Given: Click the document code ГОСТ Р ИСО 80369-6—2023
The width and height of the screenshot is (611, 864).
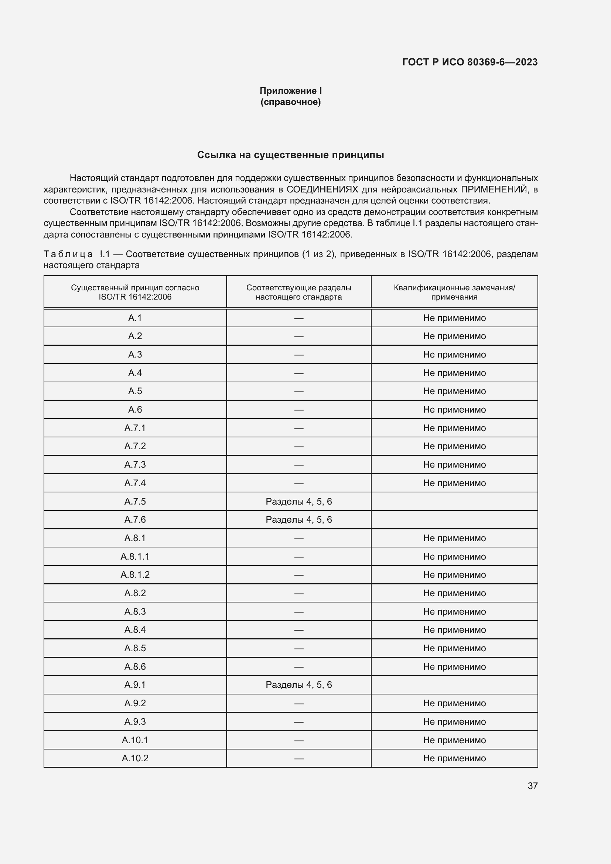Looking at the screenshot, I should (x=470, y=62).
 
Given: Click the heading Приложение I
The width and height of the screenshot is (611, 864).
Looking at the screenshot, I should (x=290, y=91).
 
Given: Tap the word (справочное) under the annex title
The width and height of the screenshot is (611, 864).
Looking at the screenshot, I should (x=290, y=102).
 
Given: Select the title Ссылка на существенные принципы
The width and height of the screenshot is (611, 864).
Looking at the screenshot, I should (x=290, y=155).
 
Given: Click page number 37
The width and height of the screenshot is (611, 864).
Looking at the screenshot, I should (x=532, y=786).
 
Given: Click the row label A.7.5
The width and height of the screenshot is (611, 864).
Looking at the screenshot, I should (x=135, y=501).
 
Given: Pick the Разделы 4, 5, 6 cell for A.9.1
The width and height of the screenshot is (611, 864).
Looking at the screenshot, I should (x=299, y=684).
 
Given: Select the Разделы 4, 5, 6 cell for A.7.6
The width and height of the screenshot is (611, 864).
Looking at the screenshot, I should (x=299, y=520).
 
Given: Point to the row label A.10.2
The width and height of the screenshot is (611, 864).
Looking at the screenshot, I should (x=135, y=758).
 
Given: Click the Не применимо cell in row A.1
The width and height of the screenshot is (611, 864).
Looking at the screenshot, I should (x=454, y=318).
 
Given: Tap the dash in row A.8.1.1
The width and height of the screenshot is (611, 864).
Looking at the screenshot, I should (x=299, y=557).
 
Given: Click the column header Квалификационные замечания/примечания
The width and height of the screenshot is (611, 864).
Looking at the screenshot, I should (x=454, y=292).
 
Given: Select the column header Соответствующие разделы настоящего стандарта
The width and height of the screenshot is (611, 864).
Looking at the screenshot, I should (x=299, y=292).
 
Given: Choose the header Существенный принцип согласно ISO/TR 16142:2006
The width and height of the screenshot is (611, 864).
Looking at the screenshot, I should (x=135, y=292).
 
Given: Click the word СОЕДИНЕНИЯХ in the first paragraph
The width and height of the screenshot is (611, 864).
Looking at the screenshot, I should (x=322, y=189).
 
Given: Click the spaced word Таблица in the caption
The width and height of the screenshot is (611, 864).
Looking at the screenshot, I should (x=68, y=254).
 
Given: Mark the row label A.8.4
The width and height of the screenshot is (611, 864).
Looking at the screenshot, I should (x=135, y=629).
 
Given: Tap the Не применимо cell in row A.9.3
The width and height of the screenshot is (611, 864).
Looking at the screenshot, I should (x=454, y=721).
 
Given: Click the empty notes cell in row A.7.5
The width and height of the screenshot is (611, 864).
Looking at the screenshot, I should (x=454, y=501).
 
